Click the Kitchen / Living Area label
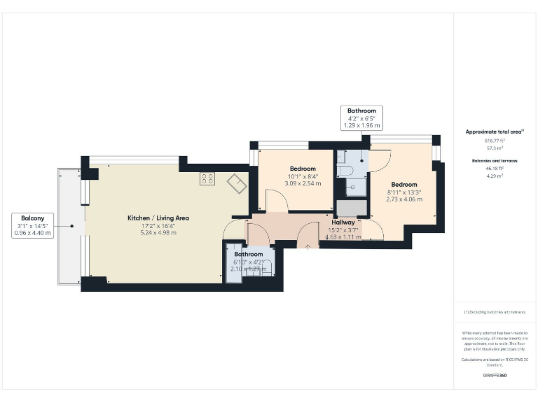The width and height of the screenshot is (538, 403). [158, 218]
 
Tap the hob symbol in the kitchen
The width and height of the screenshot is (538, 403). [207, 178]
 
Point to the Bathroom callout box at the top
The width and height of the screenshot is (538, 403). [361, 118]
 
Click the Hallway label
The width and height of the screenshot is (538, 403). [343, 222]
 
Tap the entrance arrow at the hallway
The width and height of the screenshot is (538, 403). [308, 246]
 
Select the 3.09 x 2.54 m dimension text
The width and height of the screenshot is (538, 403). [303, 183]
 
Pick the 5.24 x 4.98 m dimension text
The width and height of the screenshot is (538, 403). [158, 232]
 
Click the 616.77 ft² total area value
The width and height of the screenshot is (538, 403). [495, 140]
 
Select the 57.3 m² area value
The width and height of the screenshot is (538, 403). [495, 148]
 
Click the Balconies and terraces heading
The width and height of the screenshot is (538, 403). [495, 161]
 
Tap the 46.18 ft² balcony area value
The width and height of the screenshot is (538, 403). [495, 169]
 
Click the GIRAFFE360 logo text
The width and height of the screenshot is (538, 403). [495, 376]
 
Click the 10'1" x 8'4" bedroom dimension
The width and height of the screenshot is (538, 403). [303, 176]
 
